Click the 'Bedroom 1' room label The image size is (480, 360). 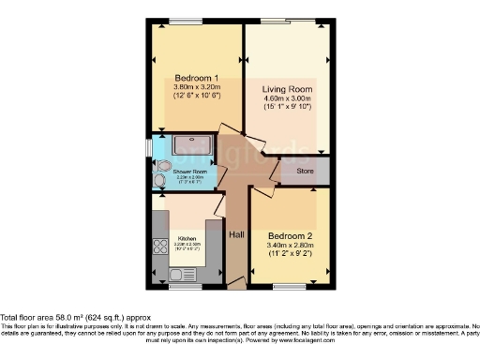click(x=197, y=78)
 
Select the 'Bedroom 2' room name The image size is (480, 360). click(x=291, y=236)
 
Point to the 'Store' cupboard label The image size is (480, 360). click(x=305, y=172)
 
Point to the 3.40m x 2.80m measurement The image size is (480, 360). click(x=291, y=247)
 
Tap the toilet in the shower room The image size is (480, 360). click(x=159, y=178)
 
